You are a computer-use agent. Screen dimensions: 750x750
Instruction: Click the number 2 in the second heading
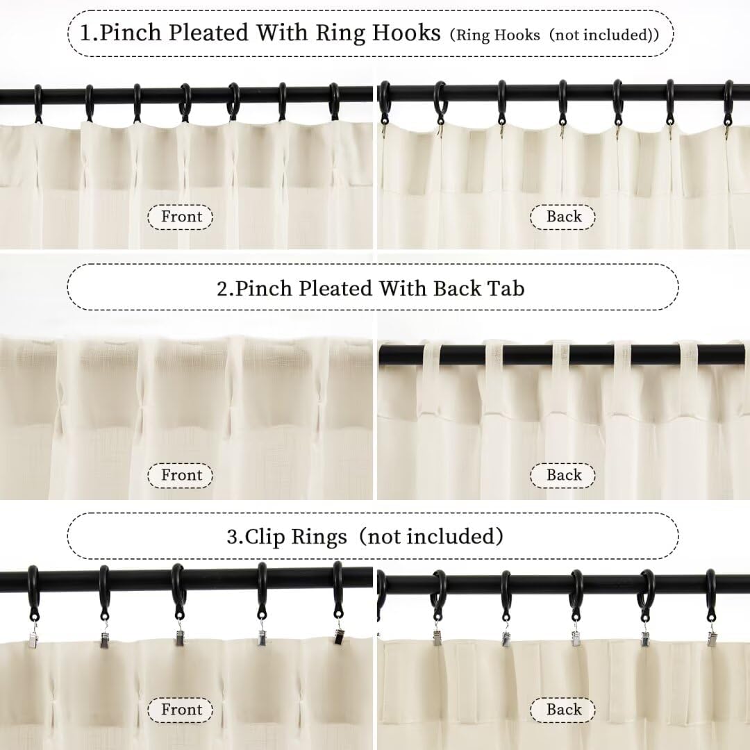(x=222, y=288)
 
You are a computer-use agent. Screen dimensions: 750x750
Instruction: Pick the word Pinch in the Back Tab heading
(x=265, y=288)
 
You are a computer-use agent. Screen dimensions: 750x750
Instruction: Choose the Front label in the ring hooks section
(x=181, y=217)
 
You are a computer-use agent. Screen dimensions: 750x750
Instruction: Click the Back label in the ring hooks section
(x=563, y=217)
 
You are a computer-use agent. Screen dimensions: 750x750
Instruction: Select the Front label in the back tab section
(x=181, y=475)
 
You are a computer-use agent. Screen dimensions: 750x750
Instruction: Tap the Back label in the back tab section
(x=563, y=475)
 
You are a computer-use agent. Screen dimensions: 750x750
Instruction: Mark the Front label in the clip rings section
(x=181, y=709)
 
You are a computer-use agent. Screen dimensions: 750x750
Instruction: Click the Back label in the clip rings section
(x=563, y=709)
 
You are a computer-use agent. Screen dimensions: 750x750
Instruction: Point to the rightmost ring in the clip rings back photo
(x=711, y=590)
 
